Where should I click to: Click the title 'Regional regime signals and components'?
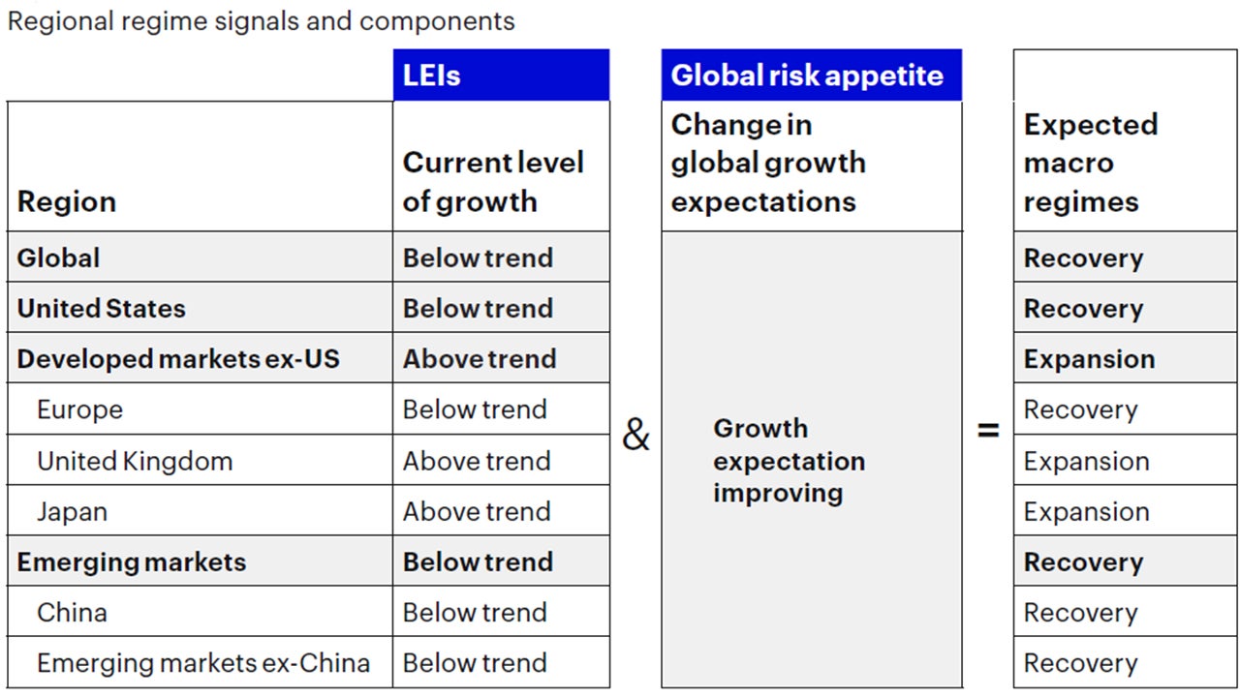262,21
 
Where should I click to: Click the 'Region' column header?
67,201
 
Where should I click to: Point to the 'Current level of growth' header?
492,181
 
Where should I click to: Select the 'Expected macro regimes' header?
1090,163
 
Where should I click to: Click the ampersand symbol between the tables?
635,436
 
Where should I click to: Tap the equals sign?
988,431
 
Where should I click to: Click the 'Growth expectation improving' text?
789,460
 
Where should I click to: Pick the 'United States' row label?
101,308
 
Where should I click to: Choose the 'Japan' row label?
72,511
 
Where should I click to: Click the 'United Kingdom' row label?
135,461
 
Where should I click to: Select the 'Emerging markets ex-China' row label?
203,663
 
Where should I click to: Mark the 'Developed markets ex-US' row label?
178,359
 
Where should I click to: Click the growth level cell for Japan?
477,511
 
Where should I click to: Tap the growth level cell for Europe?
475,409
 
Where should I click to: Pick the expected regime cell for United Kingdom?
1086,461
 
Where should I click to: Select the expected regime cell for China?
1081,613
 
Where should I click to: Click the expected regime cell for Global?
1083,258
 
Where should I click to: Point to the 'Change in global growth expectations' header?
767,163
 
